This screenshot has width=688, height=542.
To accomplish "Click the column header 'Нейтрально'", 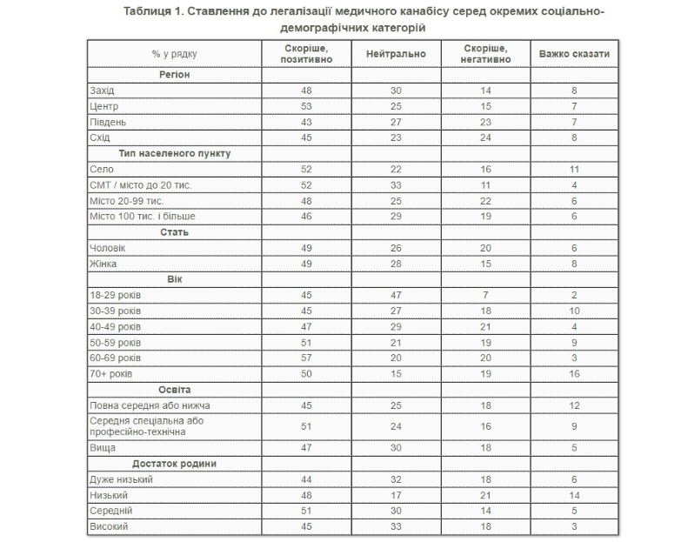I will [396, 54].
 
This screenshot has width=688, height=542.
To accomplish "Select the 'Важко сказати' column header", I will [573, 54].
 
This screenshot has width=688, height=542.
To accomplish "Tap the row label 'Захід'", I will [103, 90].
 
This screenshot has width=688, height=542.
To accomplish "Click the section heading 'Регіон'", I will [174, 75].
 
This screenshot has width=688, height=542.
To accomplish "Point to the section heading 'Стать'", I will [174, 232].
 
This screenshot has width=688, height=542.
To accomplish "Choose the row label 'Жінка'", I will [104, 264].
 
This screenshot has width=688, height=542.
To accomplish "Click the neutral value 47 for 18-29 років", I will [396, 295].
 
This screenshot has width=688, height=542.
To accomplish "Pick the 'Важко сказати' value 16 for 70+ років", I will [573, 373].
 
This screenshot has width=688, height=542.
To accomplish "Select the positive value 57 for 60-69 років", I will [306, 358].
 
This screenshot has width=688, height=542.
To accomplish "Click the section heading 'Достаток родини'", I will [174, 464].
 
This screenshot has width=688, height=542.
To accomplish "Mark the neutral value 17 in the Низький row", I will [396, 495].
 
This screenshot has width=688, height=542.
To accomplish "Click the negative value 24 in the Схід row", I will [484, 137].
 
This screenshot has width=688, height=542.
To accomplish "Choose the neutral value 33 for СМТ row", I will [396, 184].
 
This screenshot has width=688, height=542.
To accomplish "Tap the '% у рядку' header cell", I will [174, 54].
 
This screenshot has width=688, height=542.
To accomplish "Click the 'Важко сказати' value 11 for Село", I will [573, 169].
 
